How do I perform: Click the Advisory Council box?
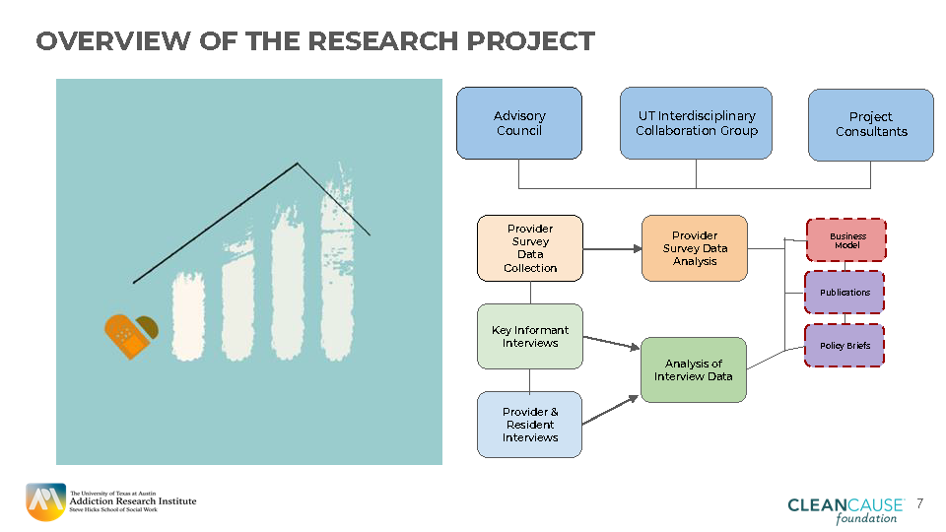point(518,123)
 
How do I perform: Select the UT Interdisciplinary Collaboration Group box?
point(696,123)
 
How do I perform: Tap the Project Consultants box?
point(870,124)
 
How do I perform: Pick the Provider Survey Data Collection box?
point(530,248)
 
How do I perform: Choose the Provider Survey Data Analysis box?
point(695,248)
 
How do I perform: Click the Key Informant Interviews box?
point(530,336)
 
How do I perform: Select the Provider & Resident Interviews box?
point(530,425)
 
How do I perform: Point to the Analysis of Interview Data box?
point(694,369)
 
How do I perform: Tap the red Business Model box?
point(846,240)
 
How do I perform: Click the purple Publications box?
point(845,293)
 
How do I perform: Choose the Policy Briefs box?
point(845,346)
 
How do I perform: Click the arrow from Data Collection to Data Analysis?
point(612,248)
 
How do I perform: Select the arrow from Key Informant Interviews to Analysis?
point(611,342)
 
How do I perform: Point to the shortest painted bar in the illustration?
point(187,315)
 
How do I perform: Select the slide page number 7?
point(919,503)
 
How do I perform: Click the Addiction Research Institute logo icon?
point(44,502)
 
